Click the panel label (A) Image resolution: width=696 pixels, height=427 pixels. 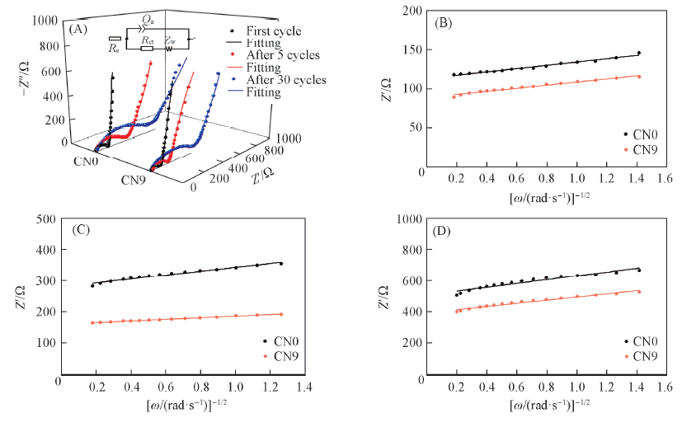tap(79, 29)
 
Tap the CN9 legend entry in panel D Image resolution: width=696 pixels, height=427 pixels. tap(643, 357)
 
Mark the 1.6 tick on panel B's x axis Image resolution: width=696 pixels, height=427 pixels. tap(665, 179)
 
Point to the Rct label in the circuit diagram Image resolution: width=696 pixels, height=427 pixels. tap(148, 38)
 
